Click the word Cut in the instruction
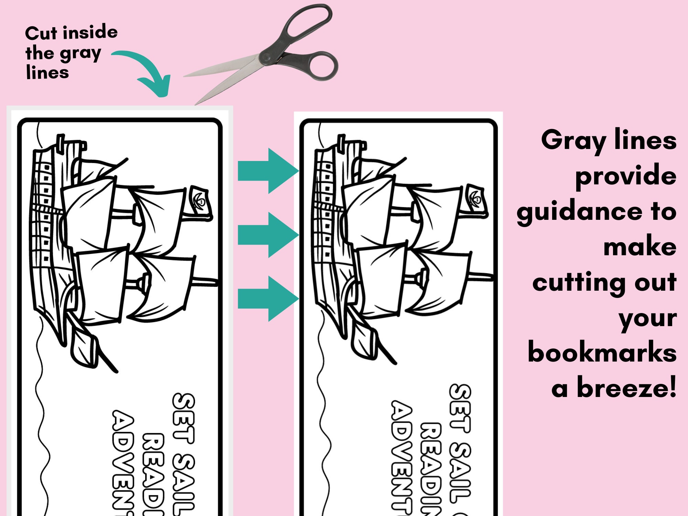(x=41, y=34)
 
